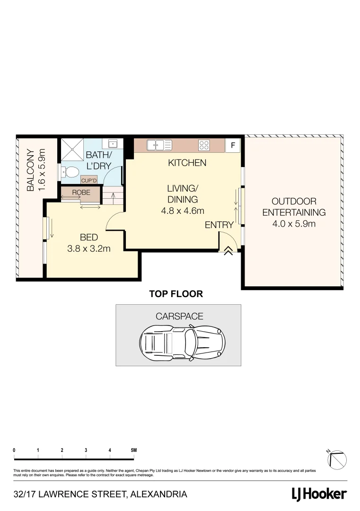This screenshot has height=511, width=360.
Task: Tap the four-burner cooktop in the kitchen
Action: coord(204,145)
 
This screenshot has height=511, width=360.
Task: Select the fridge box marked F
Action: coord(232,145)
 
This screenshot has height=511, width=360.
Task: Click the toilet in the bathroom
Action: coord(70,173)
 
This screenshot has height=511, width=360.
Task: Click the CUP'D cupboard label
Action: coord(89,180)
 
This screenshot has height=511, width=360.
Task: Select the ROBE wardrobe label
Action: coord(81,193)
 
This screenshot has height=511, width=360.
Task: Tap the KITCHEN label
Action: coord(187,163)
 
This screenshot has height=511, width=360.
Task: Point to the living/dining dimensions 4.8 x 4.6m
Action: coord(183,211)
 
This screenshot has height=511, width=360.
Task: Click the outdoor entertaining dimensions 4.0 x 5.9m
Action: coord(294,224)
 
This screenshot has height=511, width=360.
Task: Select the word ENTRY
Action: coord(219,226)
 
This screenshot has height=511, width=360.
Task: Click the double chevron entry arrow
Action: coord(228,251)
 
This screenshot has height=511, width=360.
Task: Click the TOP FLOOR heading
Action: coord(176,294)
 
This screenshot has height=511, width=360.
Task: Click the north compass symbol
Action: coord(338,458)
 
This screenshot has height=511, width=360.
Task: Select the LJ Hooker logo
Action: coord(319,494)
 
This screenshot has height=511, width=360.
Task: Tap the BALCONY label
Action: coord(30,171)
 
